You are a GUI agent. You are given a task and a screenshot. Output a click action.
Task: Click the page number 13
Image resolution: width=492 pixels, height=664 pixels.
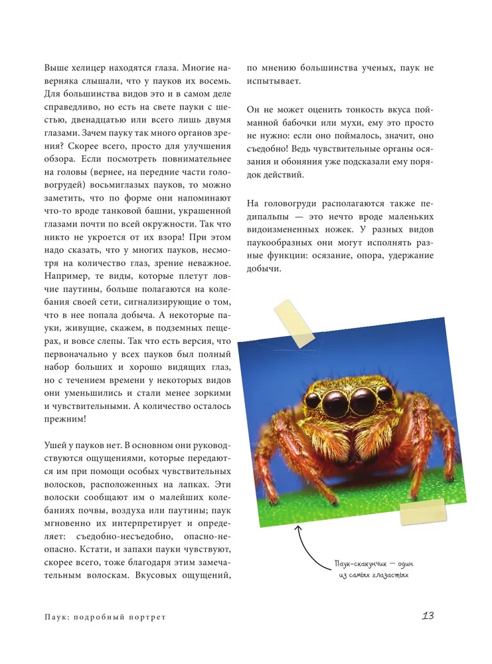pyautogui.click(x=428, y=616)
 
